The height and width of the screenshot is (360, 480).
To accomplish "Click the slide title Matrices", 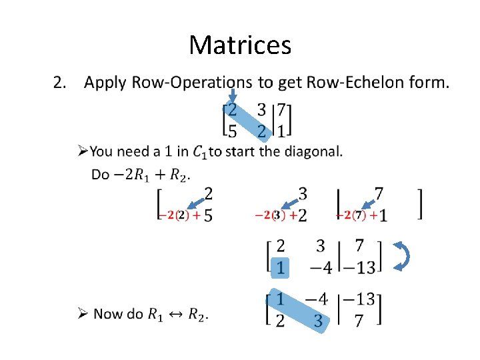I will coord(240,45).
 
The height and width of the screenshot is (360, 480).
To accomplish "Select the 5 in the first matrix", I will coord(232,131).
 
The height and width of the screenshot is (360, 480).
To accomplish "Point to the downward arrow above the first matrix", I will coord(232,97).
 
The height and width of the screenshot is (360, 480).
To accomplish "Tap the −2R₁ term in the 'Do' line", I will coord(131,175).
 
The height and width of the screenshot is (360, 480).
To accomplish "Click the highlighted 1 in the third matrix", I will coord(281,267).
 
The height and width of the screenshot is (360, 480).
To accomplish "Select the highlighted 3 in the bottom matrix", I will coord(318,321).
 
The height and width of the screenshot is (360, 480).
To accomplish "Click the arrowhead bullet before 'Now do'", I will coord(82,313).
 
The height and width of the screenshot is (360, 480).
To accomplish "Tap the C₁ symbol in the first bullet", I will coord(199,153).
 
